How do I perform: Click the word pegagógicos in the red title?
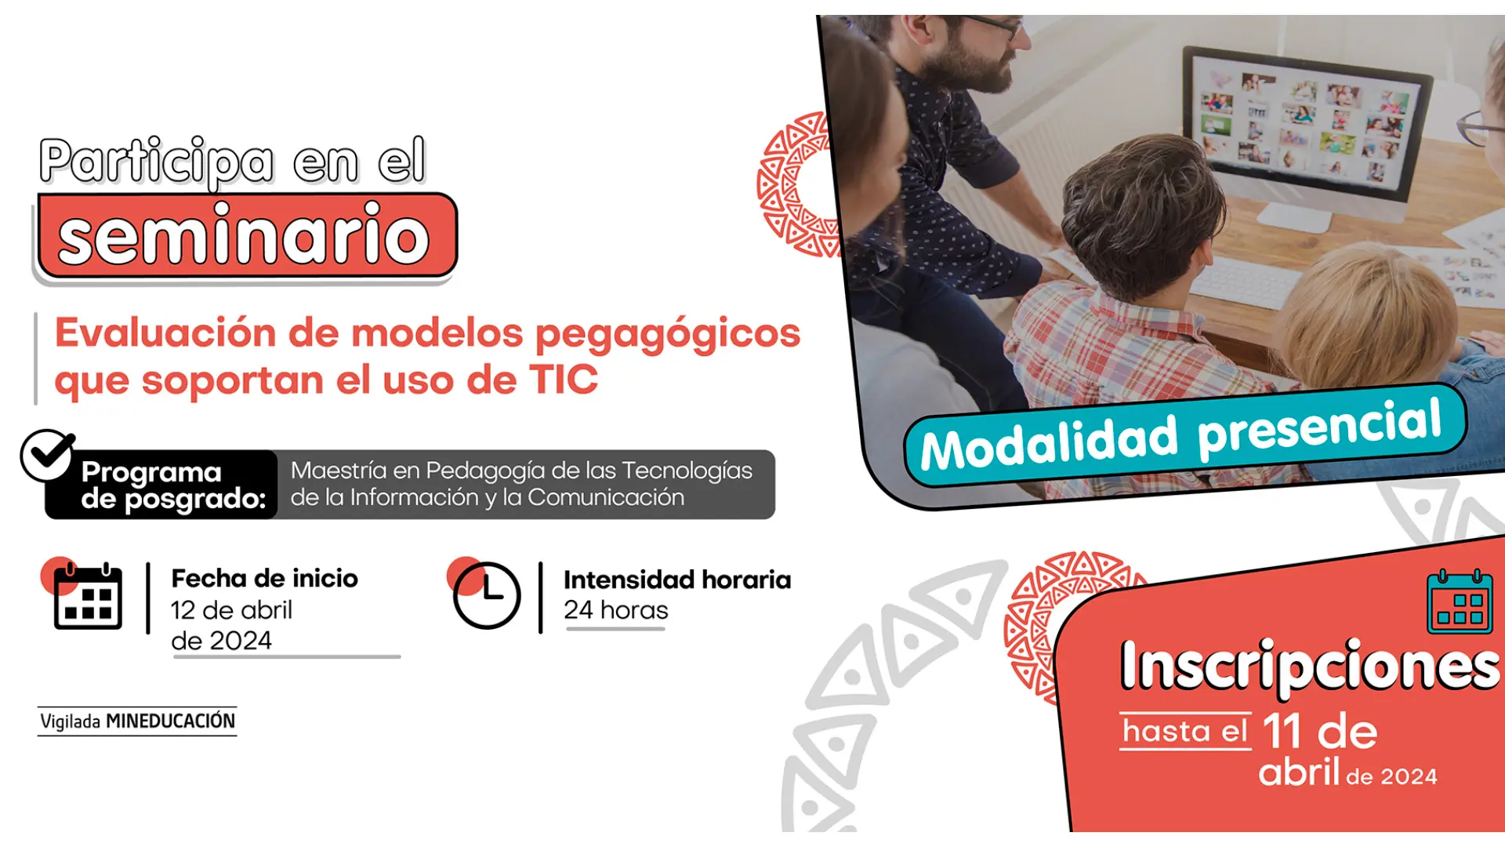point(667,333)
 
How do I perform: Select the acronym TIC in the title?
point(564,380)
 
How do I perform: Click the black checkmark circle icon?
point(47,455)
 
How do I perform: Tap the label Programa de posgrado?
point(172,485)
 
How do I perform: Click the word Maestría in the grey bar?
point(338,471)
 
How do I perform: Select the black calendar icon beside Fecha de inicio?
point(88,598)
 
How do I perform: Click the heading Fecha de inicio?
point(264,579)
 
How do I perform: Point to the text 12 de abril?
point(231,610)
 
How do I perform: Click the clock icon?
point(486,596)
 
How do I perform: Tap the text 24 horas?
point(615,610)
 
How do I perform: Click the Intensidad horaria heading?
point(676,580)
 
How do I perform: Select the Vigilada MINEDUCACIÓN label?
point(137,722)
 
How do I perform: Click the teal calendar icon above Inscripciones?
point(1459,602)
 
